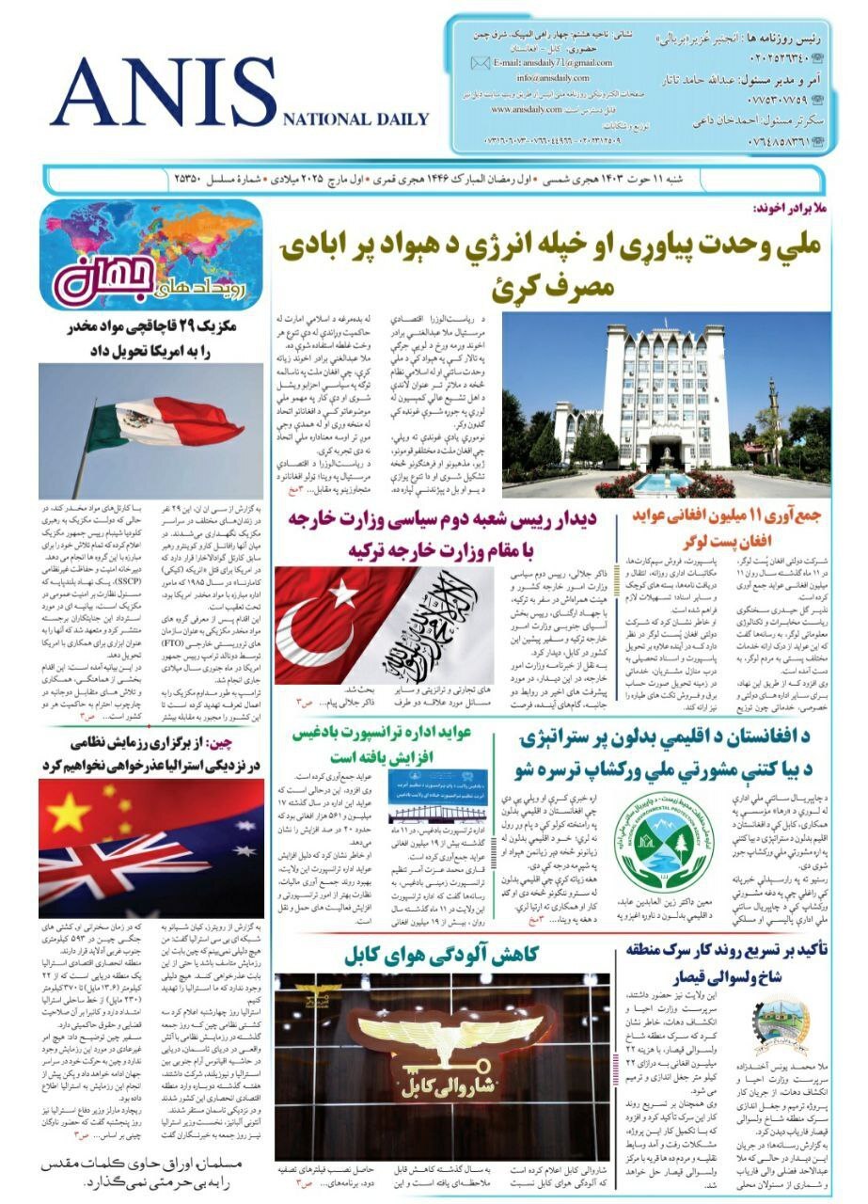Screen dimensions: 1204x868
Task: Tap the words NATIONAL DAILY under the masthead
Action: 355,119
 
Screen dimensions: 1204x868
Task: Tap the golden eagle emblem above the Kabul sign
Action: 450,1035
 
